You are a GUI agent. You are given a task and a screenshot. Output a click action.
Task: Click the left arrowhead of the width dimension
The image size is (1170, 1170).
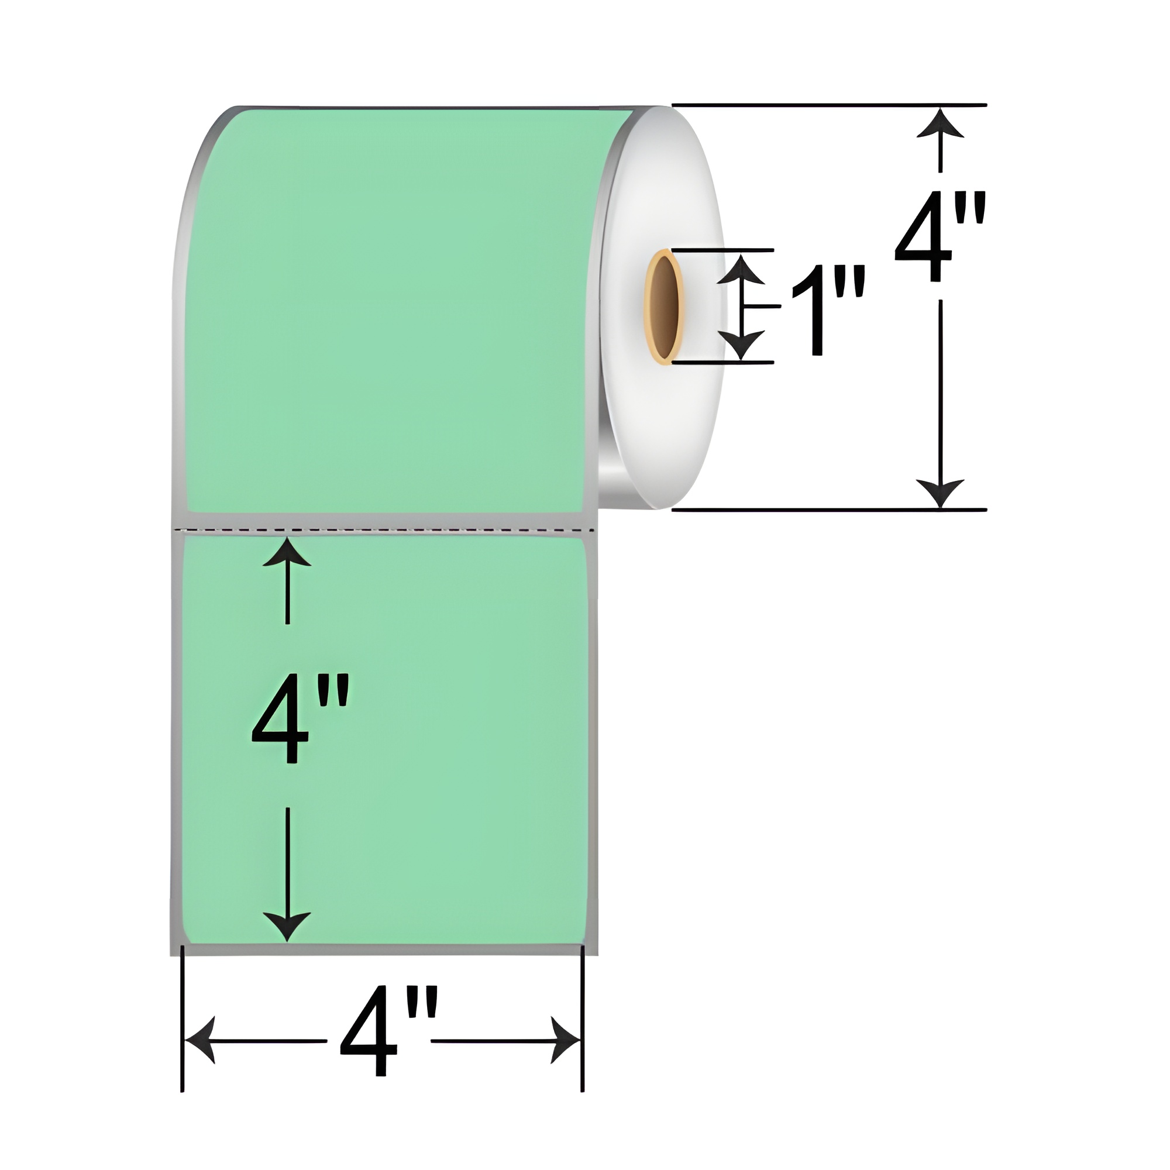tap(200, 1040)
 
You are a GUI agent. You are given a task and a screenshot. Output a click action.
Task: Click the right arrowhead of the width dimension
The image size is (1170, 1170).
tap(566, 1040)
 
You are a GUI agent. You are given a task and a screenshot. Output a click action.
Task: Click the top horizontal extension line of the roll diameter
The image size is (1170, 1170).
tap(830, 105)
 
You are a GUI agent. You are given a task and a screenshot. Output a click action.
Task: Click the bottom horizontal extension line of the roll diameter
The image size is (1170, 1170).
tap(830, 510)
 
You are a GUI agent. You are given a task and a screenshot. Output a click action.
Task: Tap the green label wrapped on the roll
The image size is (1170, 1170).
tap(388, 303)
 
